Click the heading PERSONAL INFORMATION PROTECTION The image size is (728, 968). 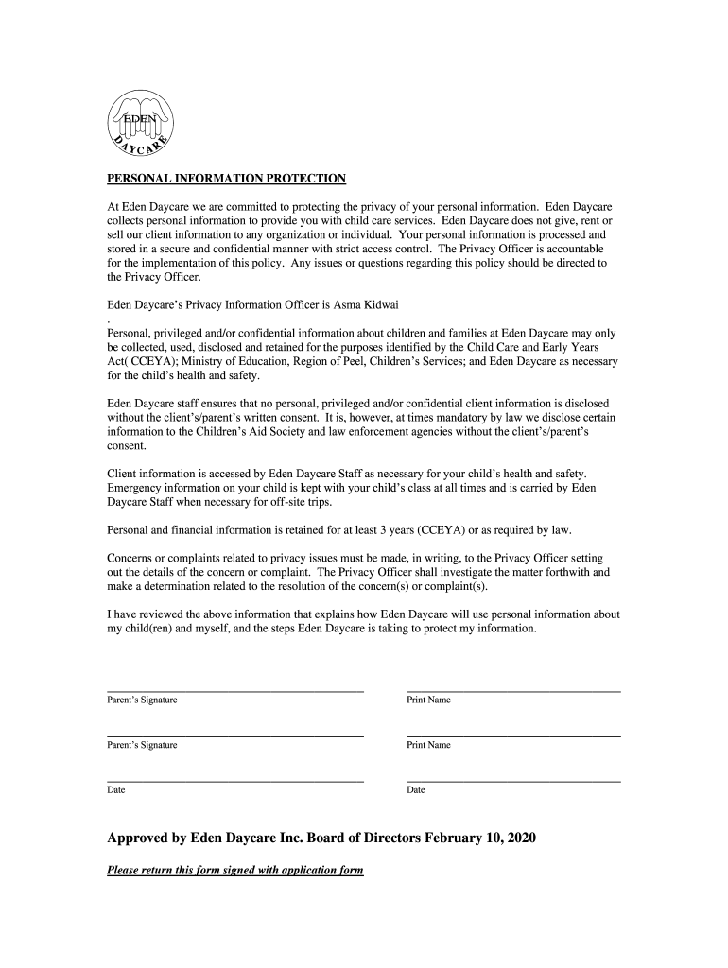coord(226,179)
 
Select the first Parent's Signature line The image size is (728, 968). coord(235,691)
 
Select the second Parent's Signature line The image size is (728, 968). coord(235,735)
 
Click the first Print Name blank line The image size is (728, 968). coord(513,691)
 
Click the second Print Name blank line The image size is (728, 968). coord(513,735)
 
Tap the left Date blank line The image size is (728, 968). coord(235,781)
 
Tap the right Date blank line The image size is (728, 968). coord(513,781)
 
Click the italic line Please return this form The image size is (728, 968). coord(235,870)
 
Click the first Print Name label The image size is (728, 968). coord(428,700)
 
